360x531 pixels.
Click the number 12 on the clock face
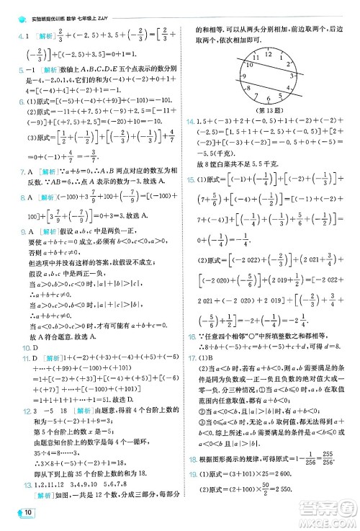269,55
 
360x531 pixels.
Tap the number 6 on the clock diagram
269,100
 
